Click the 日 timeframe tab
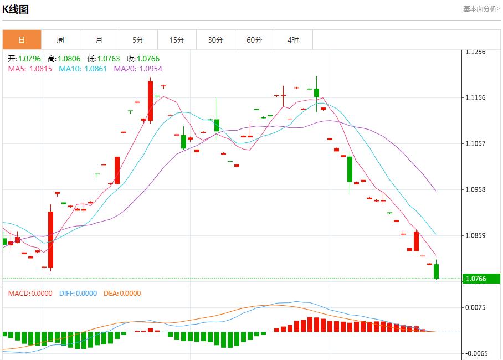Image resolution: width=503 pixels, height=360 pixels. coord(22,40)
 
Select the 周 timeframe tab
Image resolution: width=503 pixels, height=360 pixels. coord(60,40)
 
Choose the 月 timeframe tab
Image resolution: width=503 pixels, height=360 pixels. coord(99,40)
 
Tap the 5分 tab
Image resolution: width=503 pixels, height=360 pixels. coord(138,40)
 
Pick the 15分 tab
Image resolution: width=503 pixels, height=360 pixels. coord(177,40)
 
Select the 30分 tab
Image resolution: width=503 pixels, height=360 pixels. coord(215,40)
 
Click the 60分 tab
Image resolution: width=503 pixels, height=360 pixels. coord(254,40)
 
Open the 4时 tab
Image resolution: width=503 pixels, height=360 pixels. coord(293,40)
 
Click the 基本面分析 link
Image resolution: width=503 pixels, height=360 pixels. coord(481,9)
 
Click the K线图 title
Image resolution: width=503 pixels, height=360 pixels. coord(16,9)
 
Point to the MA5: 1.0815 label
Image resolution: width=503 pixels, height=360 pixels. coord(31,69)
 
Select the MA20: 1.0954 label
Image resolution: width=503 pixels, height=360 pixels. coord(138,69)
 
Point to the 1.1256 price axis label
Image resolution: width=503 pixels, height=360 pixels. coord(476,52)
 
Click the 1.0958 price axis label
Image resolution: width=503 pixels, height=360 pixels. coord(476,189)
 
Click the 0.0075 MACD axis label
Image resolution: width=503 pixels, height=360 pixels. coord(476,307)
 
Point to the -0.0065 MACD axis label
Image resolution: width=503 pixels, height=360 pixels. coord(476,353)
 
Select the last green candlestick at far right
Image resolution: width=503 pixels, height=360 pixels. coord(437,271)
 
